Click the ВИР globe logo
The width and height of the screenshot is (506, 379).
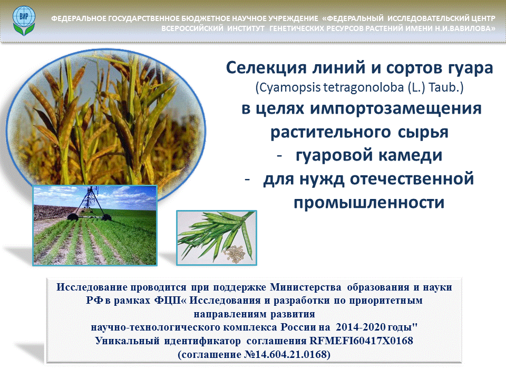24,21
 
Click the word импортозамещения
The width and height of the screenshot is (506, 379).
396,108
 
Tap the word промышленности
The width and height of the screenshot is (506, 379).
369,203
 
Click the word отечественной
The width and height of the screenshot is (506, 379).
412,179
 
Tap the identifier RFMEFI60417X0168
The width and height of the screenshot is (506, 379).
361,341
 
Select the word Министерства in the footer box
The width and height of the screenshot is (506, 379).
305,287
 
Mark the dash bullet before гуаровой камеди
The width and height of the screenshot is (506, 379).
279,156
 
